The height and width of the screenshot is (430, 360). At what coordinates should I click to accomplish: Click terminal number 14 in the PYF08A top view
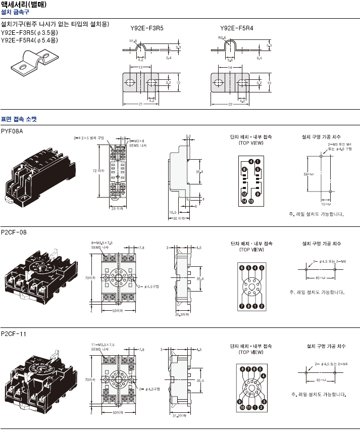[x=244, y=202]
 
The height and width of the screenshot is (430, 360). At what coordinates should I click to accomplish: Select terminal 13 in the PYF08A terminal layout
[x=251, y=202]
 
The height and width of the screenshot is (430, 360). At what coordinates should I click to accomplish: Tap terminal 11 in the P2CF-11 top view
[x=251, y=407]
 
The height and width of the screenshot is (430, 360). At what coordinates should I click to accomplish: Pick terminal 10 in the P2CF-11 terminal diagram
[x=243, y=407]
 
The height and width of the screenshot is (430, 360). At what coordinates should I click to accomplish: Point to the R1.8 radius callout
[x=133, y=40]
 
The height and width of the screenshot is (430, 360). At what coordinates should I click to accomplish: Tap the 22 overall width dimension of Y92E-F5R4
[x=230, y=105]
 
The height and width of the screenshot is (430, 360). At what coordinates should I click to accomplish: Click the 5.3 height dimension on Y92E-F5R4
[x=269, y=45]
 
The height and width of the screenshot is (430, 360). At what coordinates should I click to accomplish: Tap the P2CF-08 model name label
[x=14, y=232]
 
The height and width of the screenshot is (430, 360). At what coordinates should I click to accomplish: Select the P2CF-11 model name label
[x=14, y=334]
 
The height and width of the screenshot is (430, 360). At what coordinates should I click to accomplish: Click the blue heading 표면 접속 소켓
[x=19, y=119]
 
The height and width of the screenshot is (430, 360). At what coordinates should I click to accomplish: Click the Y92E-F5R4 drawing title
[x=236, y=28]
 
